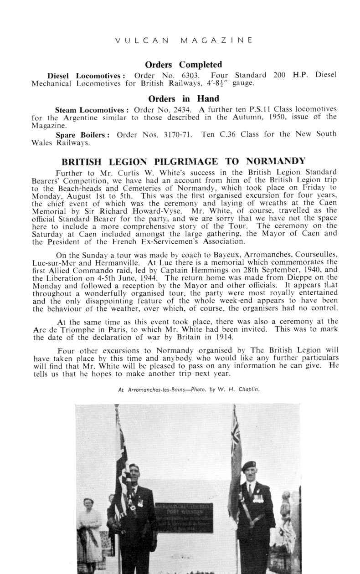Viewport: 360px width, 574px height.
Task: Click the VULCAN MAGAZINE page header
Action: click(184, 40)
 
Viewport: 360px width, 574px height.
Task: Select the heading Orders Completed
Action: click(183, 65)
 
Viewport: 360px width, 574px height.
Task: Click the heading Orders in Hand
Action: click(184, 99)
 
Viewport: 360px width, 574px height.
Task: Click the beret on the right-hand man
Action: click(249, 466)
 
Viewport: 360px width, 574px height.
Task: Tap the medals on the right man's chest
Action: click(258, 498)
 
